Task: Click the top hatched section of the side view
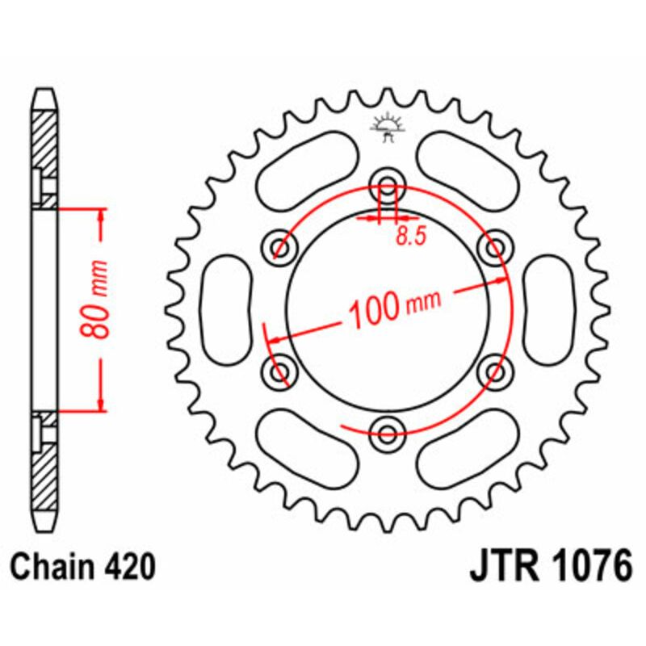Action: (x=45, y=145)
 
